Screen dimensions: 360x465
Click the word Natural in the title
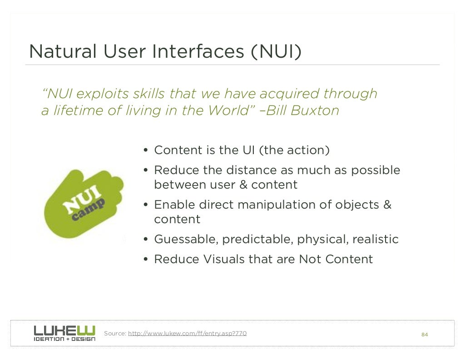tap(63, 51)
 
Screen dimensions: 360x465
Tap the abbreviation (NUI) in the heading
tap(276, 51)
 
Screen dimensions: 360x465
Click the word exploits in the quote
tap(103, 94)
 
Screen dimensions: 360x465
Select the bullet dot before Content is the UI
tap(146, 150)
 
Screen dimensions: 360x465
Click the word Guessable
tap(186, 239)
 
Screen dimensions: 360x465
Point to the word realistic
tap(376, 239)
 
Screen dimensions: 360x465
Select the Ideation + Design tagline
tap(64, 339)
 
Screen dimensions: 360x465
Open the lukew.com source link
tap(188, 334)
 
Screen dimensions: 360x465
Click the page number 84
tap(425, 335)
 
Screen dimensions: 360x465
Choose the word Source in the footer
tap(115, 334)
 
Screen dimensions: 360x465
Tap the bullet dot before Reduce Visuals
tap(146, 260)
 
